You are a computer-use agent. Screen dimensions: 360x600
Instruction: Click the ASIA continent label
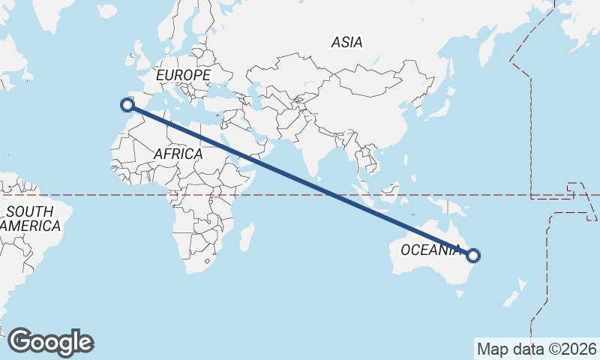point(346,43)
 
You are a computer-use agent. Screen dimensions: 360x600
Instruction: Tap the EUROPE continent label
point(182,76)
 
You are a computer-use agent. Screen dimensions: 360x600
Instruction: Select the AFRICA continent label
point(178,154)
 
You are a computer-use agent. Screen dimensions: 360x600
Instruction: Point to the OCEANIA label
point(430,250)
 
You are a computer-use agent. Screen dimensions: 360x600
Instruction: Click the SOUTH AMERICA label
point(30,218)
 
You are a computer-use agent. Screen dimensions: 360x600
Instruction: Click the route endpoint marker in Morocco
point(127,106)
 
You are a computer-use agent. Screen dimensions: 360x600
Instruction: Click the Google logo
point(50,342)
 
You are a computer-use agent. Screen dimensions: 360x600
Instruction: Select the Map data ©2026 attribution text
point(537,349)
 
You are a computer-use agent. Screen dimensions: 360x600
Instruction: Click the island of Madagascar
point(246,236)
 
